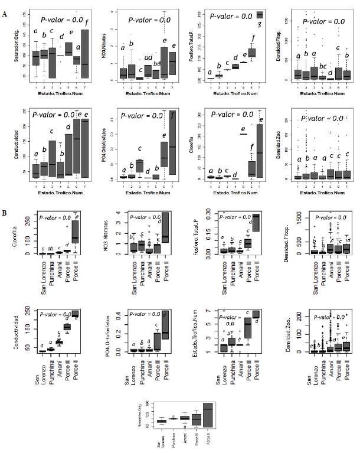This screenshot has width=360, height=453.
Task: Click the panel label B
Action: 4,208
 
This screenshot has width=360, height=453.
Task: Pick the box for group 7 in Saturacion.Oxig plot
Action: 84,53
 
